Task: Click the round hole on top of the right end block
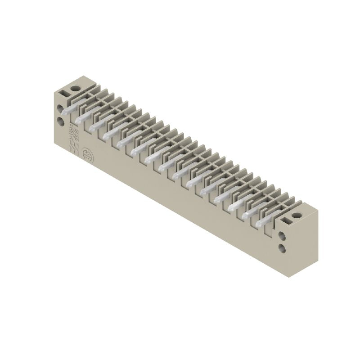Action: pos(296,216)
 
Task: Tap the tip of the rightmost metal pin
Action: pos(258,224)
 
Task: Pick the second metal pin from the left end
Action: pos(80,119)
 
